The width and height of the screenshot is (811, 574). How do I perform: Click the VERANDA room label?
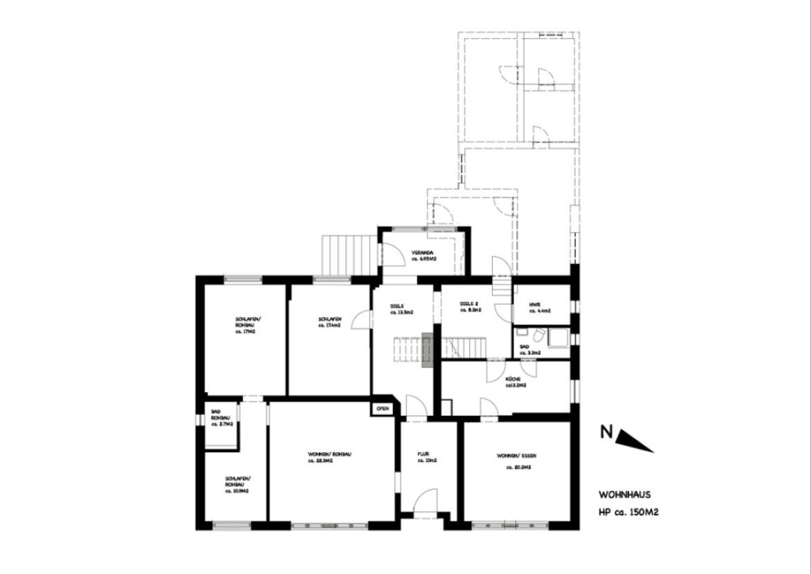(422, 252)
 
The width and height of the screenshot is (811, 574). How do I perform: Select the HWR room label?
(534, 304)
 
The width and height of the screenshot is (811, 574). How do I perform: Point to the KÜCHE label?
(513, 380)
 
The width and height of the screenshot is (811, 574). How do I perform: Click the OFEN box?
(382, 409)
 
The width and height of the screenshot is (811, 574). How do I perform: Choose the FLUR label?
(423, 454)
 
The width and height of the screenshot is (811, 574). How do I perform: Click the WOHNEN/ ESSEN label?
(516, 456)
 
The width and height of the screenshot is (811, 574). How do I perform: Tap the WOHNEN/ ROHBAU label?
(329, 454)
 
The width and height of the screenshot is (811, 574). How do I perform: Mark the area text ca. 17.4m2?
(329, 324)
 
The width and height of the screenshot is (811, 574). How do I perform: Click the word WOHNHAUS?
(624, 495)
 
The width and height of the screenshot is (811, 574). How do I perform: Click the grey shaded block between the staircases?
(427, 349)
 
